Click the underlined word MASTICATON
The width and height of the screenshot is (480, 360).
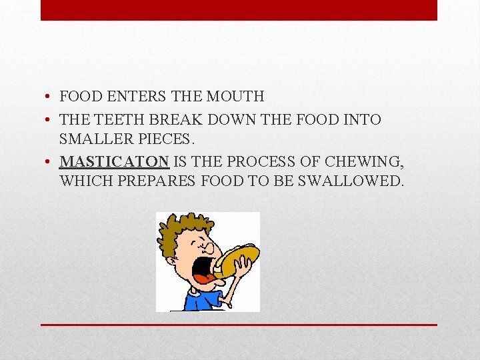[113, 161]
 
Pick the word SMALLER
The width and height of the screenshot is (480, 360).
[93, 139]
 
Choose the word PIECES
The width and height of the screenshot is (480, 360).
[164, 139]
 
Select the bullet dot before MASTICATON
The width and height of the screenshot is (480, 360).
[50, 162]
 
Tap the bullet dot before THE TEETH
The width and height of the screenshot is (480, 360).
[50, 121]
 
